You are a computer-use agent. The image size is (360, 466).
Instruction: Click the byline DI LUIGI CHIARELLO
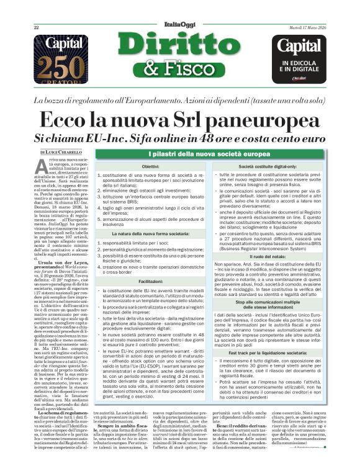coord(60,152)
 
